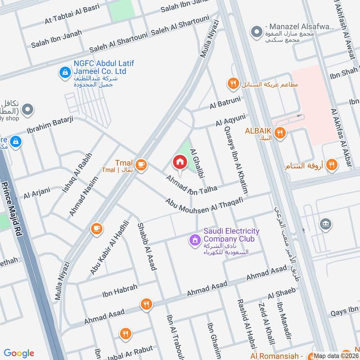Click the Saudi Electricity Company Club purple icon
(194, 240)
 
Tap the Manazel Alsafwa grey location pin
(256, 32)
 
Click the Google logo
(19, 353)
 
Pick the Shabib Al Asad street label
(147, 246)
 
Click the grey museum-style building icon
(324, 224)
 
